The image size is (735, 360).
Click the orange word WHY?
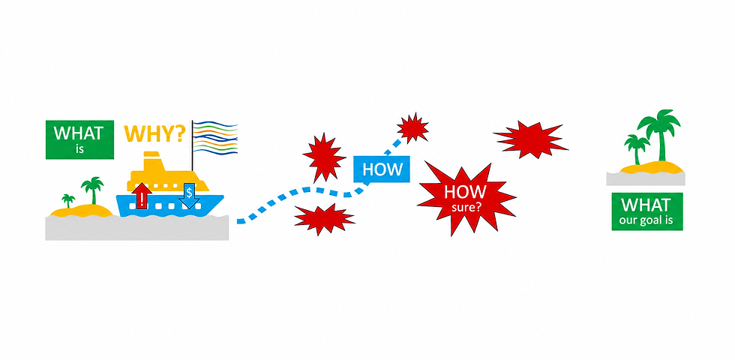coord(154,133)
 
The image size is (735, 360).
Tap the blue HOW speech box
coord(382,169)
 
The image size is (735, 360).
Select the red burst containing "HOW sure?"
coord(466,199)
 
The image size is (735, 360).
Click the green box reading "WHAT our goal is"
coord(646,211)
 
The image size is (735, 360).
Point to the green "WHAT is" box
coord(79,139)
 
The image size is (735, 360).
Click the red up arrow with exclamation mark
coord(142,196)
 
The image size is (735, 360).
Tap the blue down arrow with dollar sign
coord(189,196)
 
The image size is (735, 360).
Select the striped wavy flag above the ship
coord(215,137)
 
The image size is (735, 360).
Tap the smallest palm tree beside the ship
coord(68,201)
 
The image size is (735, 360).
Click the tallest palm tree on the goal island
coord(660,134)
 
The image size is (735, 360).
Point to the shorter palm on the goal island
coord(637,149)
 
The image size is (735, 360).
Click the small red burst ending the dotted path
coord(412,127)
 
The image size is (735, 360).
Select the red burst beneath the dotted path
coord(323,219)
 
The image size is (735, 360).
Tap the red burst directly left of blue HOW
coord(324,157)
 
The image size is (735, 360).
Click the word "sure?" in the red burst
coord(466,206)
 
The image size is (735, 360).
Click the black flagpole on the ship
coord(192,145)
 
